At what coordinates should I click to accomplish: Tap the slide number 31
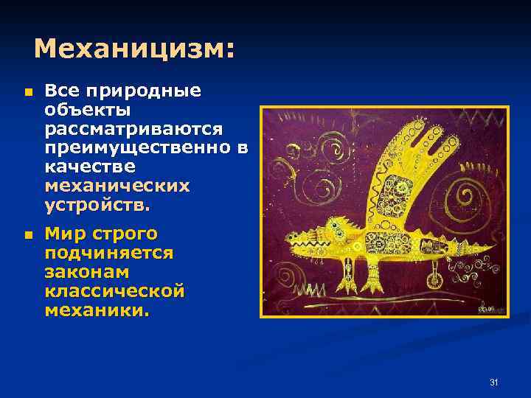coord(494,382)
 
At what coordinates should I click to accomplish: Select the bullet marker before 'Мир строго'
coord(27,236)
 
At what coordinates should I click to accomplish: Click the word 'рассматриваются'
coord(133,129)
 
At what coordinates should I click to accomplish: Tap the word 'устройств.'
coord(97,205)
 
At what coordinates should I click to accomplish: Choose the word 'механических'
coord(117,186)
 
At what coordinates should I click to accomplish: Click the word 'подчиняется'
coord(109,254)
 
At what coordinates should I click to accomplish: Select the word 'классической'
coord(114,292)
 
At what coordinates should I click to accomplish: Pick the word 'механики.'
coord(97,311)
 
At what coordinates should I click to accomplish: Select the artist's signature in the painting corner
coord(485,307)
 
